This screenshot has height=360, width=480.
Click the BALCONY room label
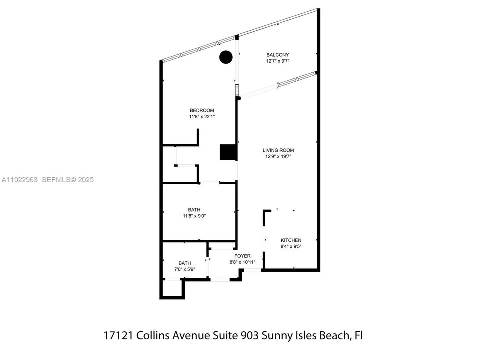tap(277, 55)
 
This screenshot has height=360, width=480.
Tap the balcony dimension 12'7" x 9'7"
tap(277, 61)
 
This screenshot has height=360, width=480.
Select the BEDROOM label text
tap(202, 110)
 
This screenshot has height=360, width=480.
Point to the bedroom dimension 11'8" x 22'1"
tap(202, 117)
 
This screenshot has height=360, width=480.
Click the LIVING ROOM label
tap(278, 150)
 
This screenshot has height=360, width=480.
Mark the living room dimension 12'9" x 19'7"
tap(278, 156)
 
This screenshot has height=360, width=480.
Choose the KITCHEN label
tap(291, 240)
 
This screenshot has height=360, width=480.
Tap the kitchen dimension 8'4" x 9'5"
tap(291, 247)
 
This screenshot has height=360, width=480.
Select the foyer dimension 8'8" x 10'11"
tap(243, 262)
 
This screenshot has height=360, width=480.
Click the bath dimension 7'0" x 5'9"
tap(185, 270)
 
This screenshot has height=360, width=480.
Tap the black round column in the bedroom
tap(226, 57)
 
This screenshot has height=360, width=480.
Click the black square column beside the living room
tap(228, 152)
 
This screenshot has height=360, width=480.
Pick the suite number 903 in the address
tap(267, 335)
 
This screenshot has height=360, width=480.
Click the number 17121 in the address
tap(118, 335)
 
